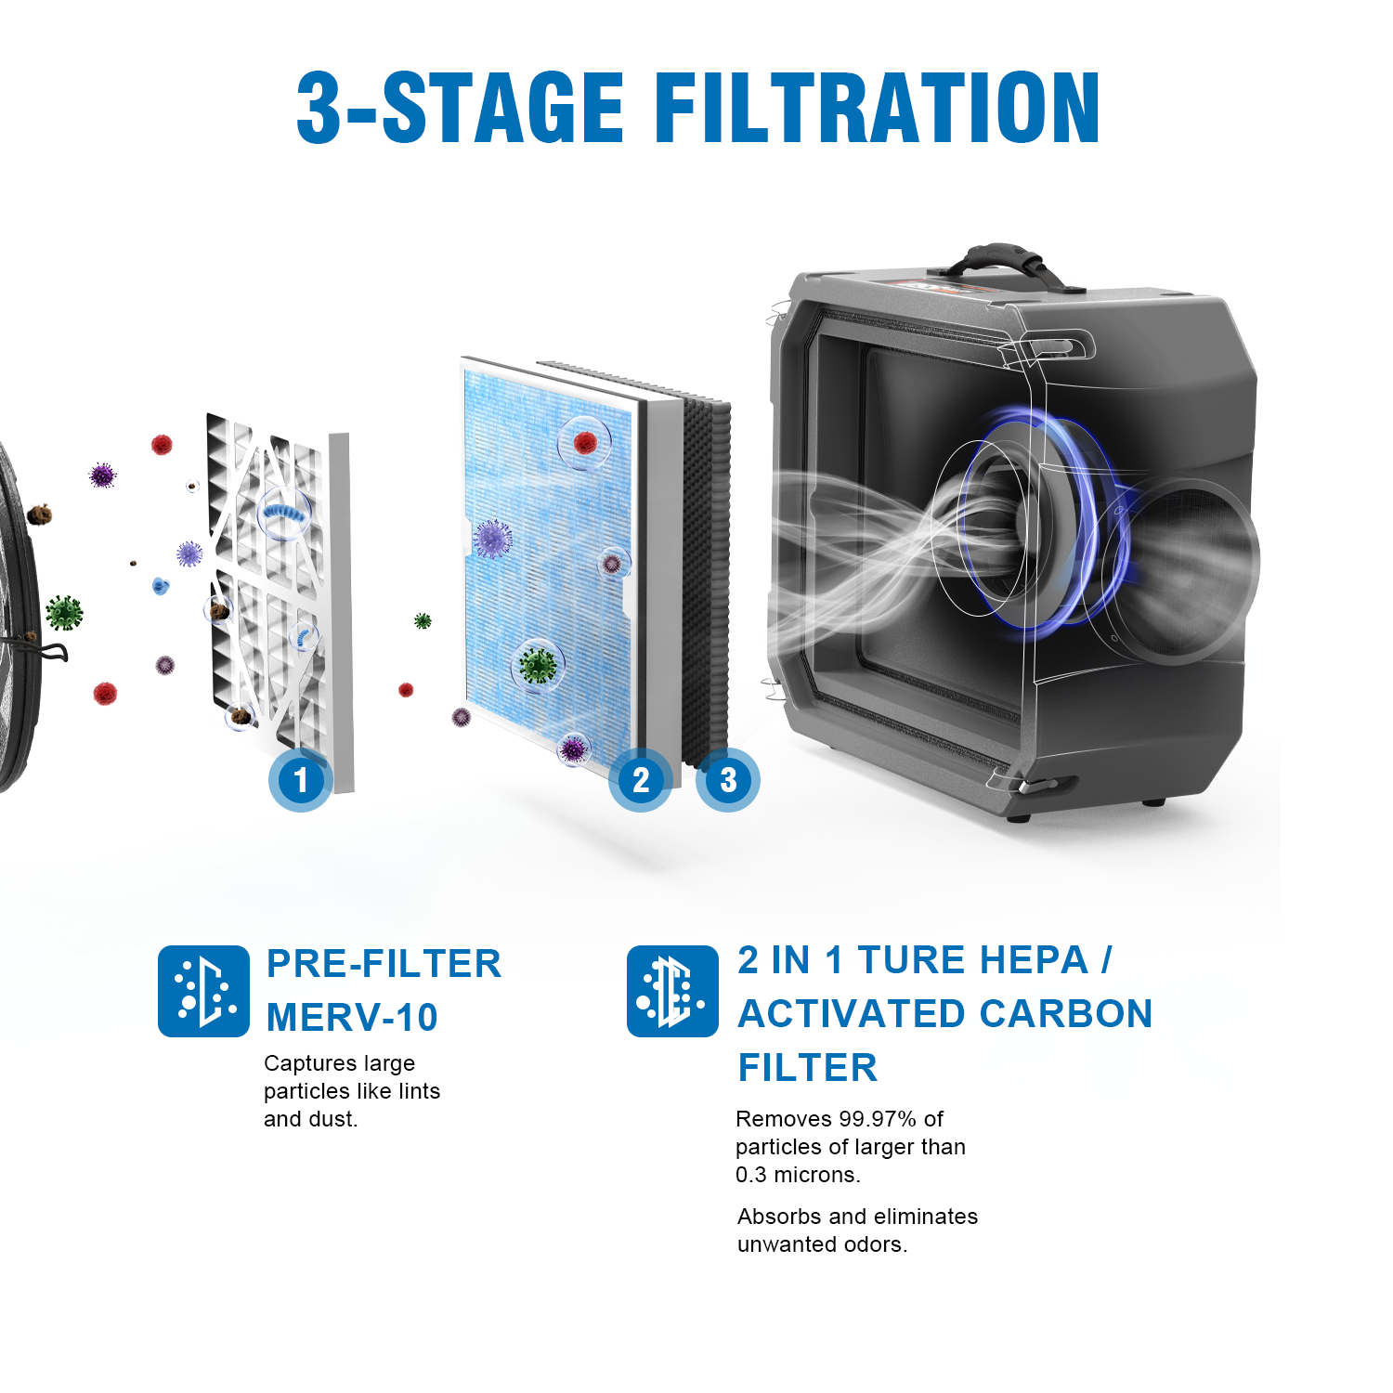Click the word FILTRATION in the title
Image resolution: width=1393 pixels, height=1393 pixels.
tap(878, 109)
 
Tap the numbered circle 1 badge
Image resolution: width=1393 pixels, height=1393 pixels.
tap(300, 780)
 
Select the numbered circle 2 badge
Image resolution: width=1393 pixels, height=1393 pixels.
tap(641, 780)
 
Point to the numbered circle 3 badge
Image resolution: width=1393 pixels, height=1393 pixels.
tap(728, 780)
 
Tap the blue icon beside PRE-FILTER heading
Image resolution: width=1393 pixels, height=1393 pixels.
tap(203, 991)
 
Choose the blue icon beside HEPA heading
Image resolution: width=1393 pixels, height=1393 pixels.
tap(672, 991)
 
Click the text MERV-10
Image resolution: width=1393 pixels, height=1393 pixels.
tap(352, 1018)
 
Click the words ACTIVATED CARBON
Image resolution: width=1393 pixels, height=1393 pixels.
tap(944, 1014)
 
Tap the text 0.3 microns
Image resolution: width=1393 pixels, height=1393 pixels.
tap(798, 1175)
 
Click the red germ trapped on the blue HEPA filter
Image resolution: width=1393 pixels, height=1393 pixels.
tap(585, 443)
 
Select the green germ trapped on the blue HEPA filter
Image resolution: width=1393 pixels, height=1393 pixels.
tap(537, 665)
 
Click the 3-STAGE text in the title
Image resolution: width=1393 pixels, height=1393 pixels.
tap(460, 109)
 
